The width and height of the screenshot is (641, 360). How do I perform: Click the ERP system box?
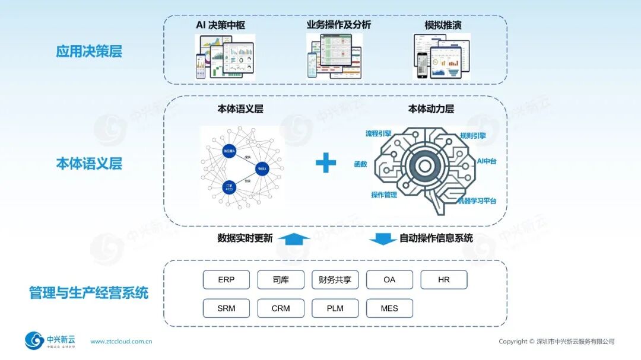226,279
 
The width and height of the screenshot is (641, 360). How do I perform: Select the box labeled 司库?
281,279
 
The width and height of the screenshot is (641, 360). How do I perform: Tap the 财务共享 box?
335,279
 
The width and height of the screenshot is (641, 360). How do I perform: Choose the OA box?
389,279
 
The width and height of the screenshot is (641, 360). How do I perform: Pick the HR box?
444,279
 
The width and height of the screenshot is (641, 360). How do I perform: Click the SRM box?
226,308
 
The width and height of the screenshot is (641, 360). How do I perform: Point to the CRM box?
281,308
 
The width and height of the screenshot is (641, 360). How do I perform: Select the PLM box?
335,308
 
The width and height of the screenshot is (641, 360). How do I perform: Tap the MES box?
389,308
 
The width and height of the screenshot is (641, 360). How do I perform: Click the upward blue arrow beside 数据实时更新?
294,238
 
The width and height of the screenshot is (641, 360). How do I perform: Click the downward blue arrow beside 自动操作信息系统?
383,238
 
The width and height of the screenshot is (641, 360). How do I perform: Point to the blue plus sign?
325,163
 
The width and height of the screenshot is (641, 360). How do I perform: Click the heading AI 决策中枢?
220,25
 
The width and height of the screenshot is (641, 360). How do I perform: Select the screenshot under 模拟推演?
442,56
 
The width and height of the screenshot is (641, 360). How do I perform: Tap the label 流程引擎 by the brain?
379,134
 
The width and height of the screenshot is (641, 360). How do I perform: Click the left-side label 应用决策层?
89,52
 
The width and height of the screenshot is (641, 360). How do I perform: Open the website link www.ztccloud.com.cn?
121,342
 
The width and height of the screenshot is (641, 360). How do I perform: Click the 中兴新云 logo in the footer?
50,341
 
